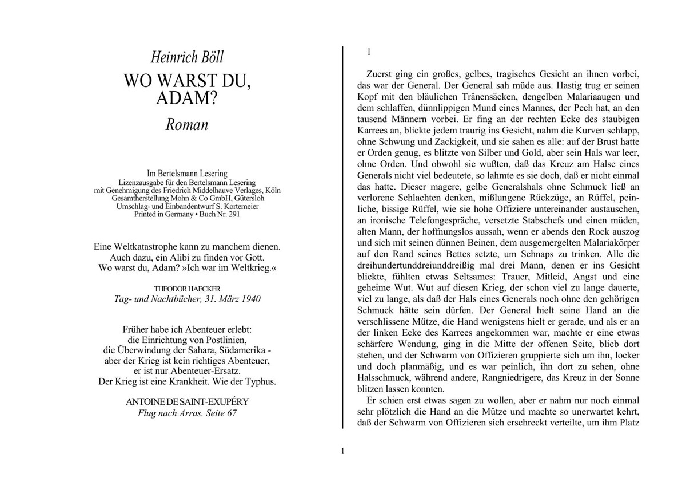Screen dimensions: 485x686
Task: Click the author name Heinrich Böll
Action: pyautogui.click(x=187, y=58)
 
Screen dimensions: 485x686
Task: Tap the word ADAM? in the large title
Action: pyautogui.click(x=187, y=98)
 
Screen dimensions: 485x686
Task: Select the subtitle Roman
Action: pyautogui.click(x=187, y=124)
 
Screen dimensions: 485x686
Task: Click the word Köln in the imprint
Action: pyautogui.click(x=269, y=190)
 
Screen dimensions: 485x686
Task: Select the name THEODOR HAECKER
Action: pyautogui.click(x=187, y=289)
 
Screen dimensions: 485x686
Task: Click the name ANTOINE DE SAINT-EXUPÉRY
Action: pyautogui.click(x=187, y=401)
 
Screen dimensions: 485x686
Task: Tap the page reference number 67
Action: pyautogui.click(x=231, y=413)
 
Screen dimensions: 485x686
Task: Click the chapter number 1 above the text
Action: pyautogui.click(x=369, y=52)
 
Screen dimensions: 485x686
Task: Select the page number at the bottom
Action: pyautogui.click(x=342, y=451)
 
